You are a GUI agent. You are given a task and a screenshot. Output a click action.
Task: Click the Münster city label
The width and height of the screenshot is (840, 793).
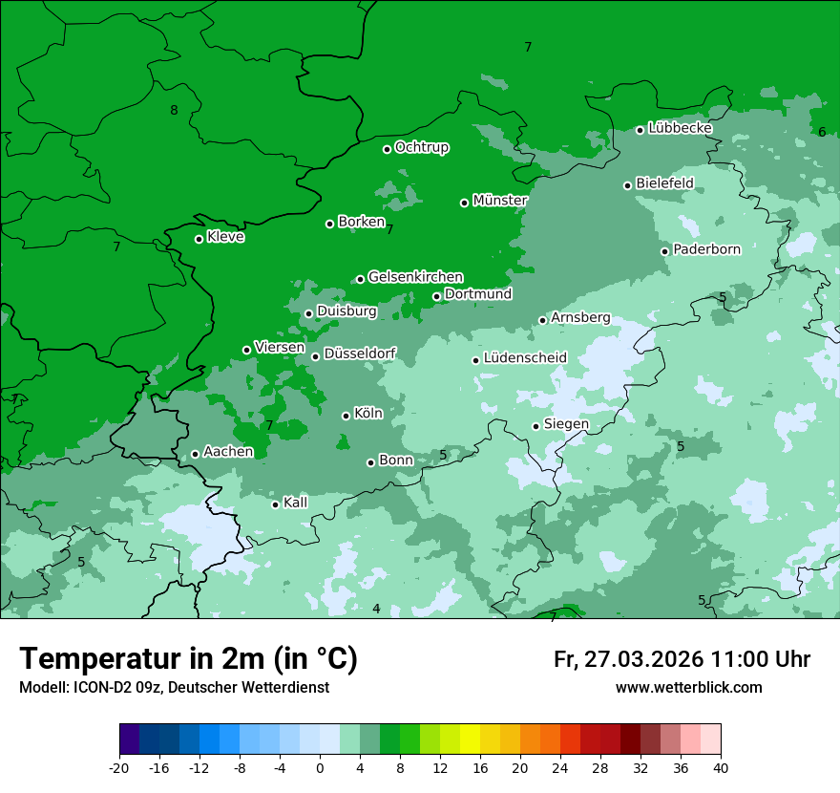click(x=500, y=201)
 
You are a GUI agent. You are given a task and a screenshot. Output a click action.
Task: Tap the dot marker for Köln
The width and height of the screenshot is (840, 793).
click(x=346, y=416)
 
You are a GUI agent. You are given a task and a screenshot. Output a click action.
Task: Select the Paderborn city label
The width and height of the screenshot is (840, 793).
click(x=707, y=249)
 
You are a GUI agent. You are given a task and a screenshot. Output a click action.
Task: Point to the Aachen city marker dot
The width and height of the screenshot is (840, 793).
click(x=195, y=454)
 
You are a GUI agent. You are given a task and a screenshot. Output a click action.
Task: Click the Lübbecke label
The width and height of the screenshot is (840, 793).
click(x=680, y=128)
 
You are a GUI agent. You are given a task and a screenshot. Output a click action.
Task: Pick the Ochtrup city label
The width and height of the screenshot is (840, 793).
click(x=422, y=147)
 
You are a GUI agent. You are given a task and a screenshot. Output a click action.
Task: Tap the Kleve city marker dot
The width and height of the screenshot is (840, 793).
click(x=199, y=239)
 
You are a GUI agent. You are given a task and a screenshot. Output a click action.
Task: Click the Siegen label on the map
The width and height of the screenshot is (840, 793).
click(x=566, y=424)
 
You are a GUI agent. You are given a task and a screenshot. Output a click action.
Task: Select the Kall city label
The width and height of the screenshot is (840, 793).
click(x=296, y=503)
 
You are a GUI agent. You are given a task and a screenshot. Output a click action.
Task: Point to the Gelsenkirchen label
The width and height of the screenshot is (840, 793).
click(x=415, y=277)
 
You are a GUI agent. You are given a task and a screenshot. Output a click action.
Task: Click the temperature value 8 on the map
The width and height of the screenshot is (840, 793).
click(x=174, y=110)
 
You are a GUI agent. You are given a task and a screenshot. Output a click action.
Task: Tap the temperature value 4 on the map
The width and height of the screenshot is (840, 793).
click(x=376, y=609)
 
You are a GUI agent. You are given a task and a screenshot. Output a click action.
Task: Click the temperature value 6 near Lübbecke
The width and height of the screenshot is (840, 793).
click(x=822, y=132)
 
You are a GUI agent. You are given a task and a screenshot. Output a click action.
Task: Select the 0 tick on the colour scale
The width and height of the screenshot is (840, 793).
click(x=320, y=767)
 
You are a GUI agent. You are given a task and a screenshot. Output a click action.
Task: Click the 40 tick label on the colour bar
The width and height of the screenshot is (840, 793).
click(x=720, y=767)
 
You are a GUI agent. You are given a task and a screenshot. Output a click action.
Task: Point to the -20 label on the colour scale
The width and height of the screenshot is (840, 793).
click(x=119, y=767)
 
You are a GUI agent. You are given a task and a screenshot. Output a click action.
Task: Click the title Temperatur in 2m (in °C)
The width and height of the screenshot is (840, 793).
click(x=188, y=658)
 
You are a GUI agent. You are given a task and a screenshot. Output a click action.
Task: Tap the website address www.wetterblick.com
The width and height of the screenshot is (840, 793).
click(x=688, y=687)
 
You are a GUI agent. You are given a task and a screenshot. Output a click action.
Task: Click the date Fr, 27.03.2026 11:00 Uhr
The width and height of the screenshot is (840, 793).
click(x=682, y=659)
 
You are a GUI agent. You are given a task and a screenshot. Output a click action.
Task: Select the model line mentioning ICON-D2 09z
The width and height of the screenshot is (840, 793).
click(x=174, y=687)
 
